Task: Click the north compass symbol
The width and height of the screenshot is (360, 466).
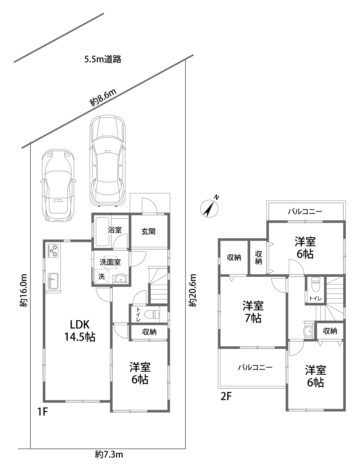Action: (x=209, y=208)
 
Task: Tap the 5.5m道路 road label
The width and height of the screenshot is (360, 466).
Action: (x=103, y=59)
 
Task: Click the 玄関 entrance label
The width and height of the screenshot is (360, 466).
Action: (x=148, y=231)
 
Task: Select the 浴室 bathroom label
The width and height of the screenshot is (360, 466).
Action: (x=115, y=230)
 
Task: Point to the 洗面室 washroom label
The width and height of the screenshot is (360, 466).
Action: (x=110, y=262)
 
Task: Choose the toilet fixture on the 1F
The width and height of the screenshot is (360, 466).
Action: (x=152, y=315)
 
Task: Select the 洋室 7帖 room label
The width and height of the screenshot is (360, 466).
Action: (x=253, y=312)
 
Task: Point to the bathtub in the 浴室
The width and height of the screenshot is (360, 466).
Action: (x=102, y=232)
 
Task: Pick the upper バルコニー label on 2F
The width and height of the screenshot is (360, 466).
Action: (x=305, y=212)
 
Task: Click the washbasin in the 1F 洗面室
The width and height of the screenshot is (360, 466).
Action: (x=121, y=279)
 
